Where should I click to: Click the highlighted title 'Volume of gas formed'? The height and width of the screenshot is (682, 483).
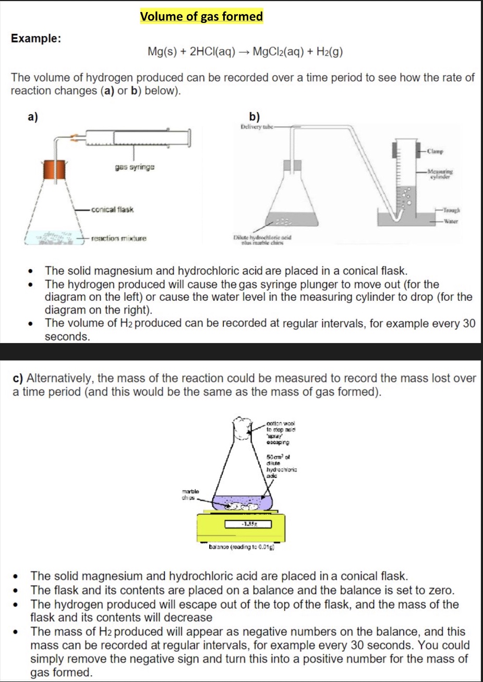click(201, 16)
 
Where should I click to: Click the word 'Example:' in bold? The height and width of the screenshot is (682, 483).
click(36, 39)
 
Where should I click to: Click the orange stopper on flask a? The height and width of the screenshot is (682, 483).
click(55, 170)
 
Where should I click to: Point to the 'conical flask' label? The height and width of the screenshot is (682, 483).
click(112, 210)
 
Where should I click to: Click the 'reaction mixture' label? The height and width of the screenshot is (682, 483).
click(118, 239)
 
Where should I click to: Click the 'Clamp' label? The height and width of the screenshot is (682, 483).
click(435, 152)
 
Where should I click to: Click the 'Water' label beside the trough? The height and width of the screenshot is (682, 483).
click(451, 221)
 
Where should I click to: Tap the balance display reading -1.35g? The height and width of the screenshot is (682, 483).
click(248, 523)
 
